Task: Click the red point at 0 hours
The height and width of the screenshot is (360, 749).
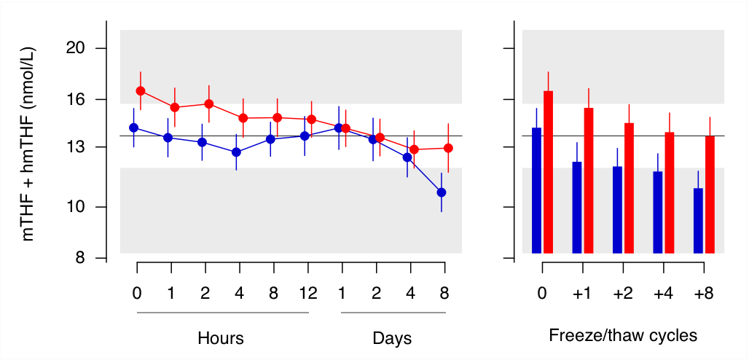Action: [x=141, y=91]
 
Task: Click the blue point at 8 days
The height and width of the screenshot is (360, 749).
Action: [x=442, y=192]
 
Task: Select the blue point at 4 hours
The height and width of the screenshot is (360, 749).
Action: [x=236, y=152]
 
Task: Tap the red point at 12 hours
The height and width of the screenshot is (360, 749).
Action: [x=312, y=120]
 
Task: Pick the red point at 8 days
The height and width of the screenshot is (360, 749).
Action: [x=449, y=148]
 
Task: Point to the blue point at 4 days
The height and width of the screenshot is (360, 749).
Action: [x=407, y=157]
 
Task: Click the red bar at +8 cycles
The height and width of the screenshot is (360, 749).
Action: [x=710, y=195]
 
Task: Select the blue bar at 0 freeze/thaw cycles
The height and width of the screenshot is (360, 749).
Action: [x=537, y=191]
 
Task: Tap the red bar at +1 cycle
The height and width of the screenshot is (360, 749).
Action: [x=589, y=181]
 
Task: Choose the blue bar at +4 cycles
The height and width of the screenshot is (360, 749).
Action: [x=658, y=212]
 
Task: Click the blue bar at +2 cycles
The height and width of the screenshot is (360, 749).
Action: [x=618, y=210]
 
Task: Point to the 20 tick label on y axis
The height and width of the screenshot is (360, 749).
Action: [x=77, y=48]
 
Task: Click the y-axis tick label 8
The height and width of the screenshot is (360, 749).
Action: [x=81, y=258]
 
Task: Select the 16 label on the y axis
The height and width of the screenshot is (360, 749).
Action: [x=77, y=100]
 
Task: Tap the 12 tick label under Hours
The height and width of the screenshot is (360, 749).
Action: [x=308, y=293]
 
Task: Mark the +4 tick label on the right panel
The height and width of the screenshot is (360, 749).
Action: [x=664, y=293]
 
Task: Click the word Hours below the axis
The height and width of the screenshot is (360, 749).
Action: [x=221, y=338]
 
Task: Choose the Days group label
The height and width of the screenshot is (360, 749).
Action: [x=392, y=338]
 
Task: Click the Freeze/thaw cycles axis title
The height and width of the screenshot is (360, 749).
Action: [x=623, y=336]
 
